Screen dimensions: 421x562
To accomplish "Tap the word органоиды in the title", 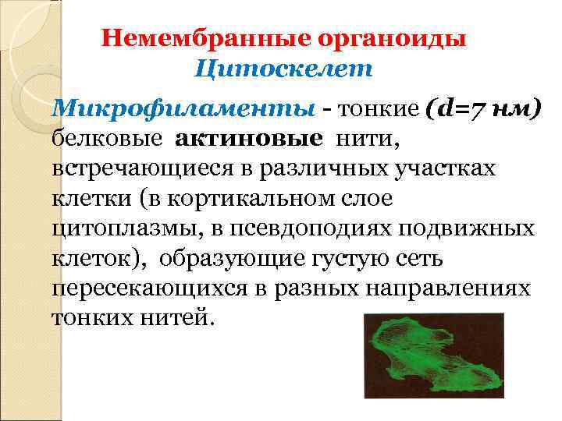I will [x=389, y=38].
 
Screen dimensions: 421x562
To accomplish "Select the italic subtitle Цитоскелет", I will [x=285, y=69].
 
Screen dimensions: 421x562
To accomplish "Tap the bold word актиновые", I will [x=250, y=138].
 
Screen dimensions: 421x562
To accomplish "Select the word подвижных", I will [x=484, y=229].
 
